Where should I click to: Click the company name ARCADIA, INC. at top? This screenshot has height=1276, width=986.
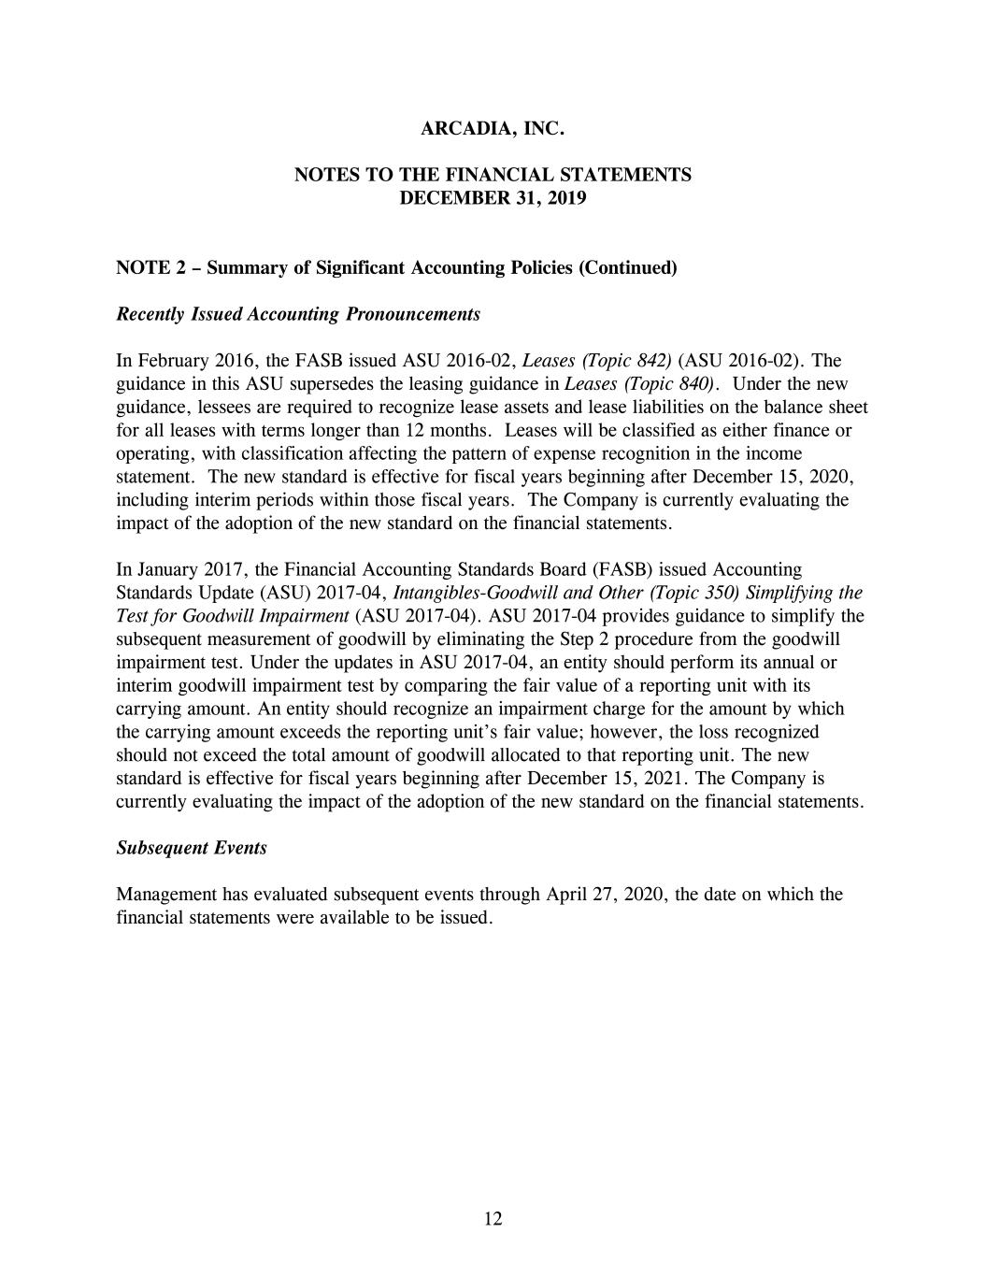pyautogui.click(x=493, y=129)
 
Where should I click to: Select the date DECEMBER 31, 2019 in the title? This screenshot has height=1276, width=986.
pyautogui.click(x=493, y=198)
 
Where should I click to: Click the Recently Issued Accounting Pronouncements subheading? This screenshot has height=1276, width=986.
pyautogui.click(x=298, y=314)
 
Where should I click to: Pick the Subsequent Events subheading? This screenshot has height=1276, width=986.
pyautogui.click(x=192, y=848)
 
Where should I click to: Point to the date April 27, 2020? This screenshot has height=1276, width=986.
pyautogui.click(x=605, y=895)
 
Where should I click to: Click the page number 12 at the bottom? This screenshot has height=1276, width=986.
pyautogui.click(x=493, y=1218)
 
